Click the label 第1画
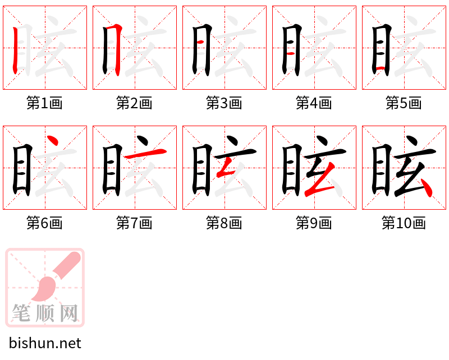(44, 103)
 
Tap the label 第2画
(134, 103)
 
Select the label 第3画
(224, 103)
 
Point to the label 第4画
(314, 103)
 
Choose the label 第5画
(404, 103)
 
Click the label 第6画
(44, 223)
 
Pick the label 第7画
(134, 223)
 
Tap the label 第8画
(224, 223)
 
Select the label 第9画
(314, 223)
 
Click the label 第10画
(404, 223)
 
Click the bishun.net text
(45, 343)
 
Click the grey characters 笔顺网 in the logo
(45, 313)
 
